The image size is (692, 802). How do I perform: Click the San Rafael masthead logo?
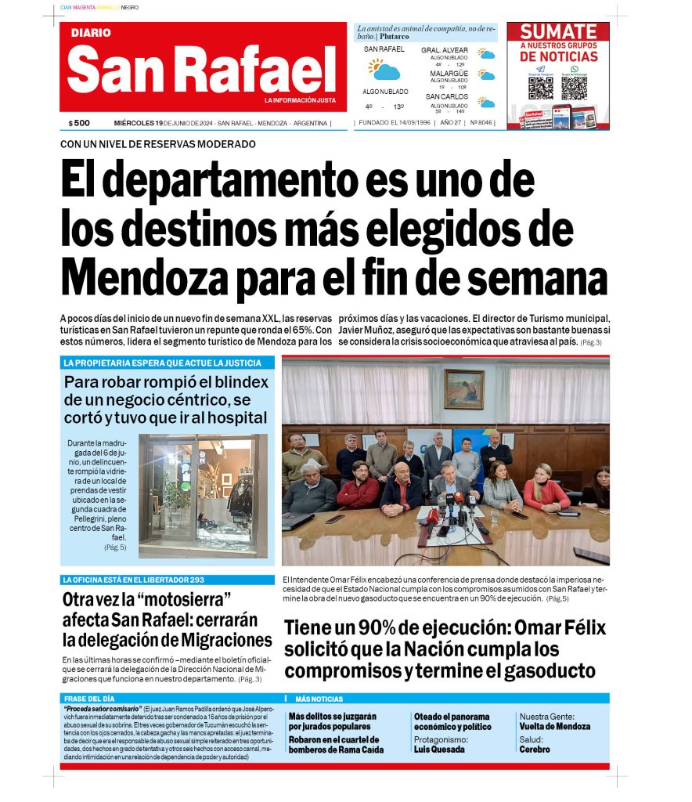(202, 68)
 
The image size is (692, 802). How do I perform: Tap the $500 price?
(79, 123)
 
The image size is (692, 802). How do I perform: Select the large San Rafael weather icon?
(384, 70)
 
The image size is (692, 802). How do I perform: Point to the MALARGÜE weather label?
(449, 74)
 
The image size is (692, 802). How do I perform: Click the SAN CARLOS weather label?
(447, 96)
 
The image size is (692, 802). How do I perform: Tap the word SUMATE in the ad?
(558, 32)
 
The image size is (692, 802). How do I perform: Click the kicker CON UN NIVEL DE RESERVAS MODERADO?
(157, 144)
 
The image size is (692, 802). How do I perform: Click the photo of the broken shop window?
(203, 495)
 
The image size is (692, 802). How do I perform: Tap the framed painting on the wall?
(463, 388)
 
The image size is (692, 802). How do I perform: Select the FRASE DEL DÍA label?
(88, 698)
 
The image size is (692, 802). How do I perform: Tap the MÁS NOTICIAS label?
(319, 699)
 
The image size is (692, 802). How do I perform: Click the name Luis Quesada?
(439, 749)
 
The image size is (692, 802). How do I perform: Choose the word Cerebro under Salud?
(535, 749)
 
